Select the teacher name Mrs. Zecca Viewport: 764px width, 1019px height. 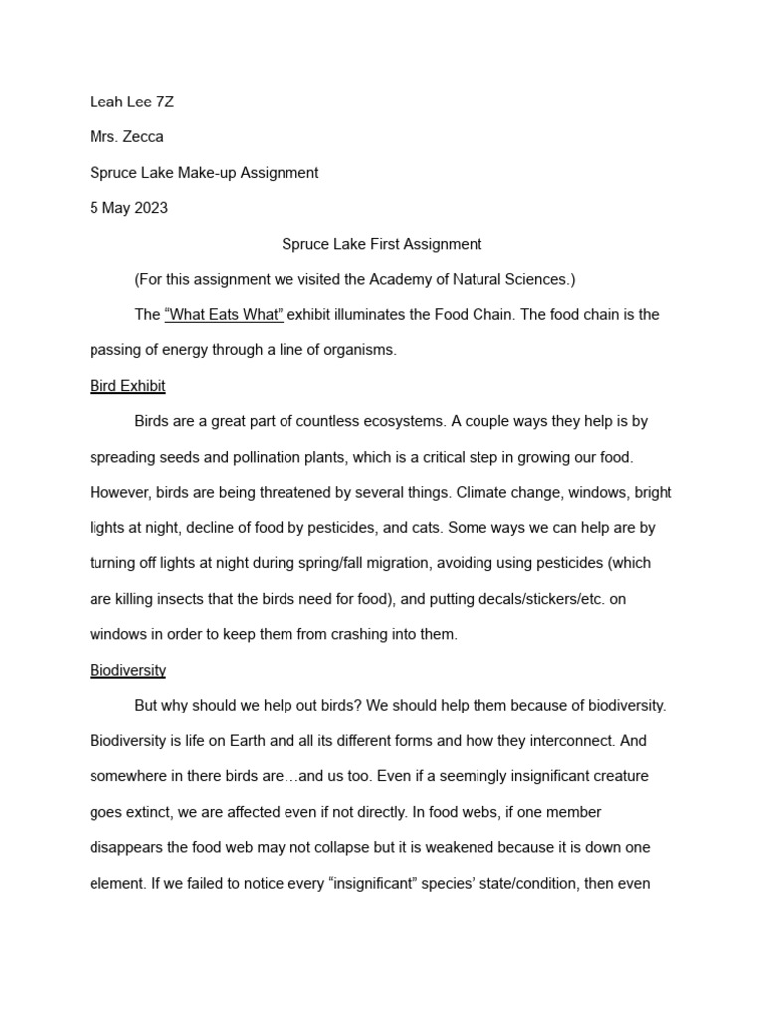pos(128,137)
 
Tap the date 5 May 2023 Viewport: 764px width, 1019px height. pos(128,208)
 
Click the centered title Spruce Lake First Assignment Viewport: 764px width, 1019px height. pos(382,244)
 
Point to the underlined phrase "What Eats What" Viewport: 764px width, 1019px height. pos(224,314)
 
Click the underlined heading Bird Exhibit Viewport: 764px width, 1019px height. pos(127,385)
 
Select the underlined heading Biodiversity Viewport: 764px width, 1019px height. pos(127,670)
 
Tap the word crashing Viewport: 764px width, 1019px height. pos(346,634)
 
